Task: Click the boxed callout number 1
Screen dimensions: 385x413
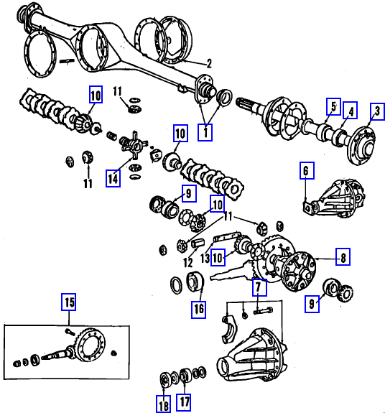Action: point(205,132)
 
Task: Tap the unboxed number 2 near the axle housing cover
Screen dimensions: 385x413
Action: point(209,63)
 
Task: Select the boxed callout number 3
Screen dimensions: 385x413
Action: point(377,111)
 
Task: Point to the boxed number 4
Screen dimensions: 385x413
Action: point(351,110)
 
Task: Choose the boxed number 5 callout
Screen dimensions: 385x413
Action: point(334,107)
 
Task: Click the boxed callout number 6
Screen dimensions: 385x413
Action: point(307,171)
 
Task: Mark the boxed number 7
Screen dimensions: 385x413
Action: point(259,287)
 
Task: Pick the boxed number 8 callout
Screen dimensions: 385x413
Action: point(343,256)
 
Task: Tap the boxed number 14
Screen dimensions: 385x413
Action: point(113,179)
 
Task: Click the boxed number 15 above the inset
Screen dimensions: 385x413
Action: point(69,302)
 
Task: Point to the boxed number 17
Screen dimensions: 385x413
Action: point(184,402)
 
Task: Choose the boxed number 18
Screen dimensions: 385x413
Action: point(163,404)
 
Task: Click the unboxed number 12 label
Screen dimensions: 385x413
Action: point(188,262)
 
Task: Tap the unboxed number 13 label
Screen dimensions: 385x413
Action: point(205,259)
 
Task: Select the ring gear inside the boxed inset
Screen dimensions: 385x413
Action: point(91,345)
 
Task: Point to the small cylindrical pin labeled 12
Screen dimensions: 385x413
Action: point(198,243)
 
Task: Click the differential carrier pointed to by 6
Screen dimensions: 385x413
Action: point(335,198)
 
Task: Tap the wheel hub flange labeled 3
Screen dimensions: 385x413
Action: point(361,146)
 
